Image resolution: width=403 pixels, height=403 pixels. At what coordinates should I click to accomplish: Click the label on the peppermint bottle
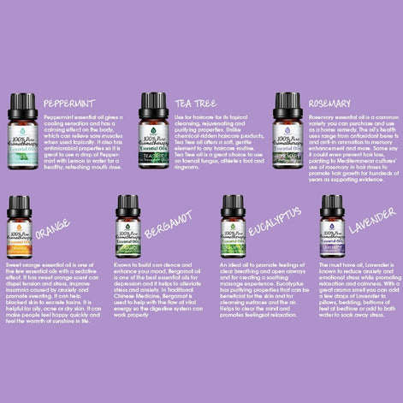(x=23, y=139)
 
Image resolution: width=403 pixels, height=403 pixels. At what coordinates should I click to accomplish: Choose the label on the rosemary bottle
(x=287, y=139)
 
